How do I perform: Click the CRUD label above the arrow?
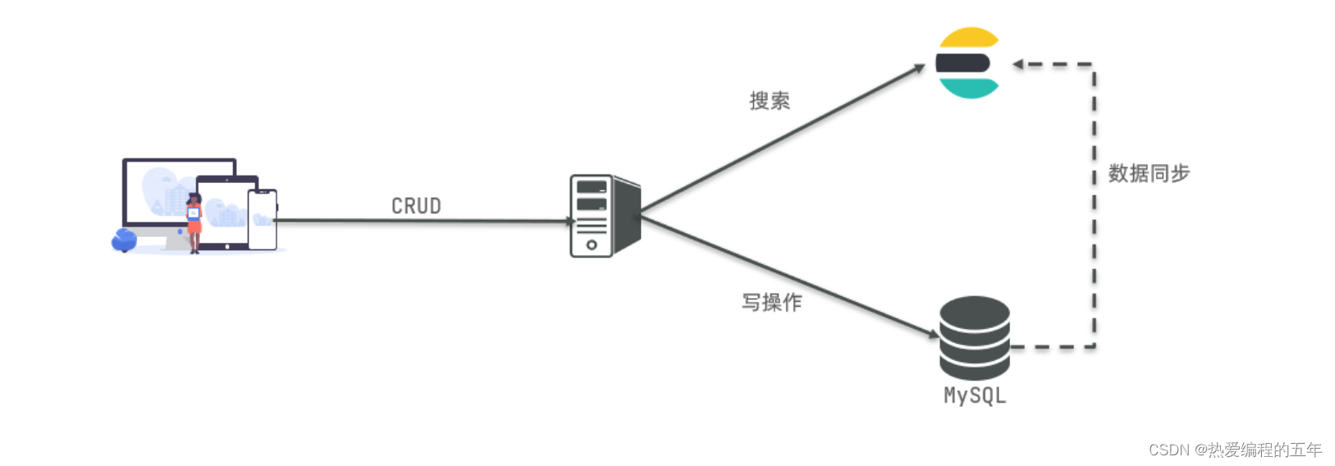(416, 206)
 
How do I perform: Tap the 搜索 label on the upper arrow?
(769, 101)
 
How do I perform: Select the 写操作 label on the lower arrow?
(771, 303)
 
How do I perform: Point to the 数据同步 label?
(1148, 173)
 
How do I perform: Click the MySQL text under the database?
(974, 395)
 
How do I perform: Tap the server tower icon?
(604, 216)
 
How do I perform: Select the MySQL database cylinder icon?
(974, 337)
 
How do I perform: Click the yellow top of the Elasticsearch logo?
(969, 38)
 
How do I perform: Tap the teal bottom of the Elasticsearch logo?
(969, 88)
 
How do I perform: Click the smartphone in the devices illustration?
(263, 220)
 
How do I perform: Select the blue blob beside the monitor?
(124, 240)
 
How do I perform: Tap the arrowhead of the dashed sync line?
(1017, 64)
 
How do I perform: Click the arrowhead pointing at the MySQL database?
(933, 334)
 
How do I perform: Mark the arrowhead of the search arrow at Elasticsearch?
(921, 69)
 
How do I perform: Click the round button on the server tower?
(591, 244)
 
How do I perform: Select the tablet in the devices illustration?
(224, 212)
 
